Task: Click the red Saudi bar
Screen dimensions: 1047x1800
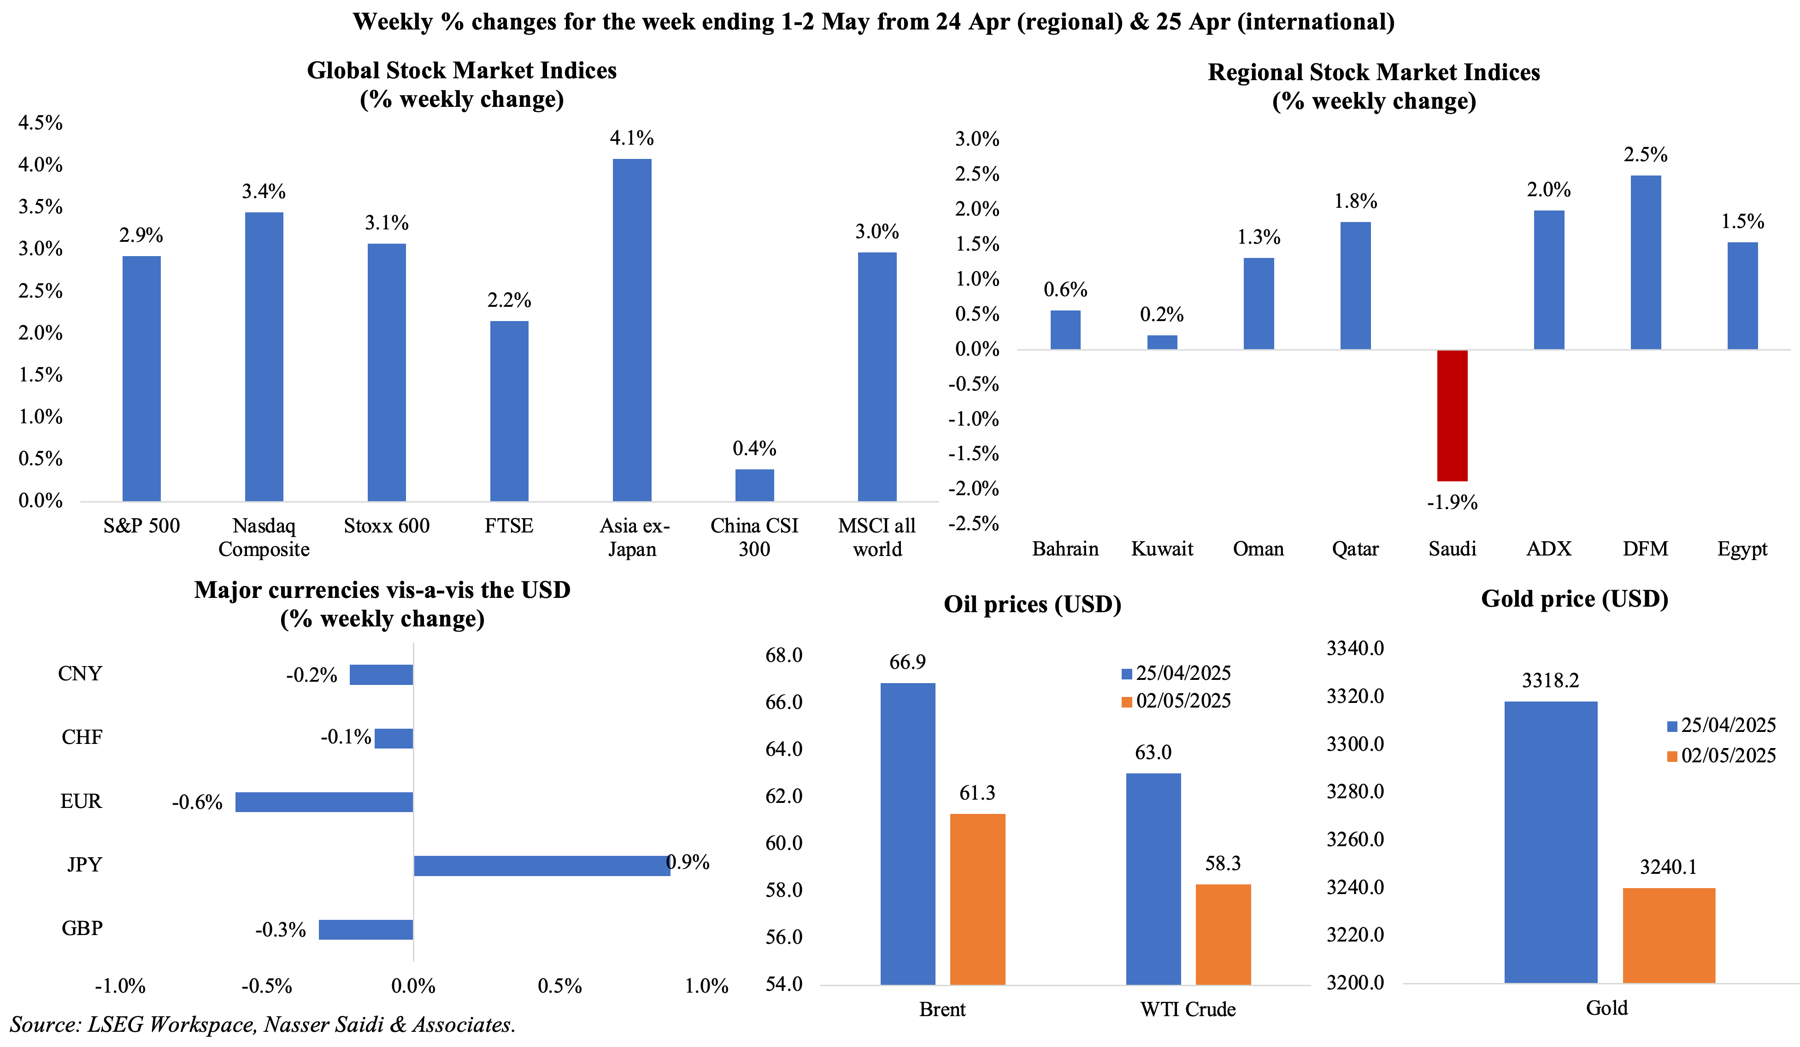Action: pyautogui.click(x=1452, y=415)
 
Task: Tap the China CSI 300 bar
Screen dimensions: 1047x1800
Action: pyautogui.click(x=754, y=485)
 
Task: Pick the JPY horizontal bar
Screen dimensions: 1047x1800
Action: pyautogui.click(x=541, y=866)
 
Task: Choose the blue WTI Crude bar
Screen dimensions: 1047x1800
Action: pyautogui.click(x=1153, y=878)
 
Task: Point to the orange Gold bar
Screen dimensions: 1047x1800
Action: pyautogui.click(x=1669, y=935)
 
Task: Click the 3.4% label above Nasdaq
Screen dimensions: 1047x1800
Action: pyautogui.click(x=264, y=192)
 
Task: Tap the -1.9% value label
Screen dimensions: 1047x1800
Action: pyautogui.click(x=1452, y=503)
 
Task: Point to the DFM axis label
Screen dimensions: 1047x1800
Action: pyautogui.click(x=1645, y=549)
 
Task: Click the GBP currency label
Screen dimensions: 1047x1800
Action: pyautogui.click(x=82, y=929)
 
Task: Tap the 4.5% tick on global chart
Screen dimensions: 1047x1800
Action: pyautogui.click(x=41, y=123)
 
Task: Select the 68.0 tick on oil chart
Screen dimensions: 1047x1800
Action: pyautogui.click(x=783, y=655)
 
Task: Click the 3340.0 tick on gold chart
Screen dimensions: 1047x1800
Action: pyautogui.click(x=1355, y=649)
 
